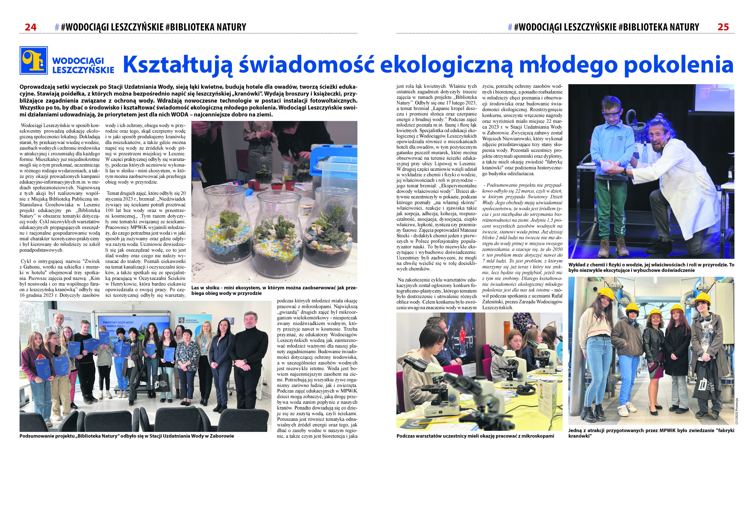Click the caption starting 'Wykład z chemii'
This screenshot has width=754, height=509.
[651, 268]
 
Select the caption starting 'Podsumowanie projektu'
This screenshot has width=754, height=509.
[126, 436]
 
